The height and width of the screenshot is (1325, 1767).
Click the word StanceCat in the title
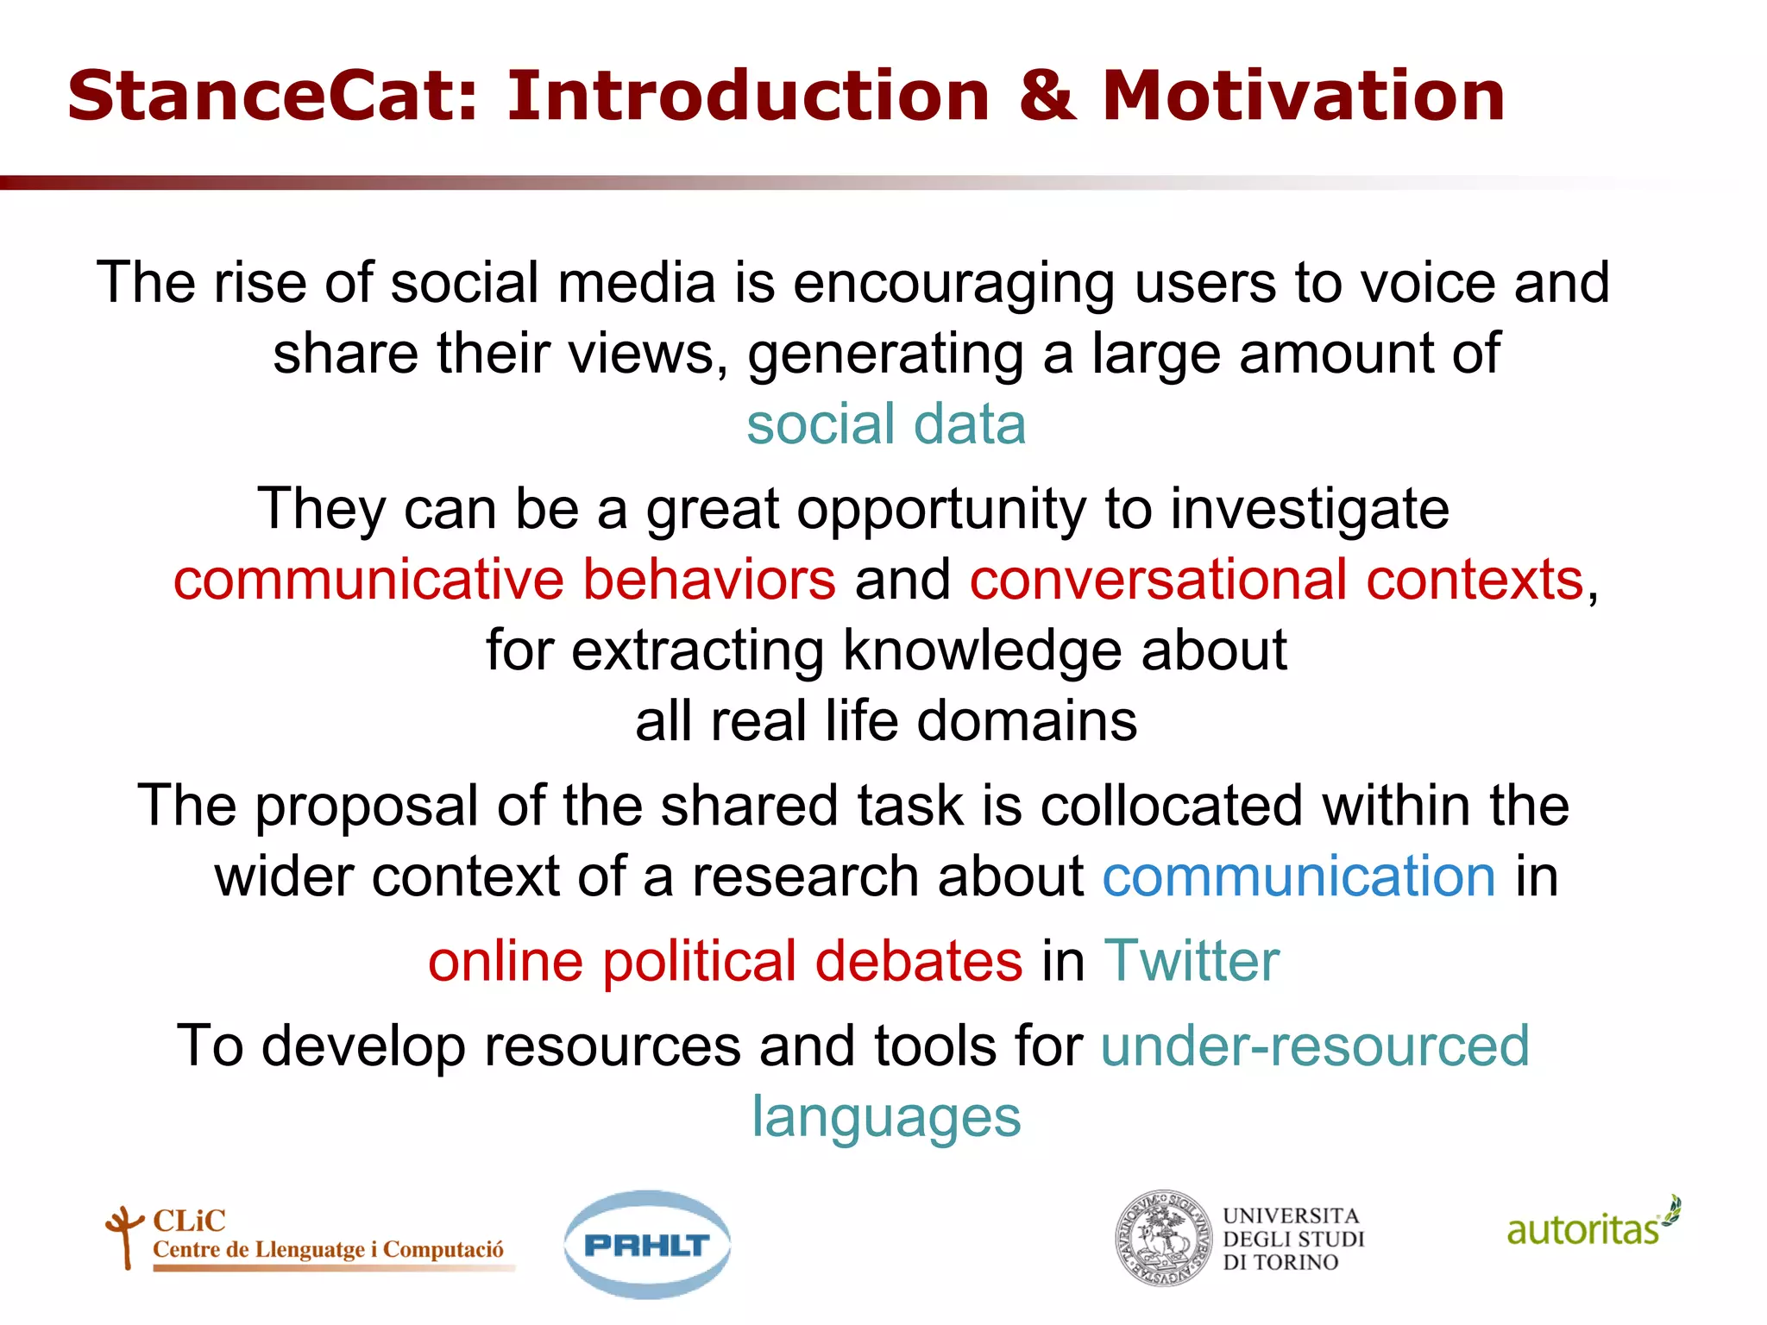pyautogui.click(x=272, y=96)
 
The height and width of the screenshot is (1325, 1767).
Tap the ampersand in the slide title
pyautogui.click(x=1047, y=96)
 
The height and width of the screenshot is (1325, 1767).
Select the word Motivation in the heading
pyautogui.click(x=1303, y=96)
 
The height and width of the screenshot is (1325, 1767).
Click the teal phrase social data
pyautogui.click(x=886, y=424)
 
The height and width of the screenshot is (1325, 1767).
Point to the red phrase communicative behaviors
pyautogui.click(x=505, y=579)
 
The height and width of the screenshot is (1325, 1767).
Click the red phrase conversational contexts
pyautogui.click(x=1277, y=579)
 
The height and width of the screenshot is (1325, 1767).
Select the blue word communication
pyautogui.click(x=1299, y=876)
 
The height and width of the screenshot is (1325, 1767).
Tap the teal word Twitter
pyautogui.click(x=1192, y=961)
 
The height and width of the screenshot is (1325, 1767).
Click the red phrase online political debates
pyautogui.click(x=725, y=961)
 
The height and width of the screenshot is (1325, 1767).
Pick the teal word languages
pyautogui.click(x=886, y=1117)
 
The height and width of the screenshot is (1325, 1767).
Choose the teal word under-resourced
pyautogui.click(x=1315, y=1046)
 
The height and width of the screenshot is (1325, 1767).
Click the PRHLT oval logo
pyautogui.click(x=647, y=1245)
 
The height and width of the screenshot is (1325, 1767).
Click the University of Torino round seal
pyautogui.click(x=1163, y=1239)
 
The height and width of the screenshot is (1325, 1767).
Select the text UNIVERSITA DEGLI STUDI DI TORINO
pyautogui.click(x=1292, y=1240)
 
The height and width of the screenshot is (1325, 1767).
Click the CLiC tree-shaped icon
pyautogui.click(x=124, y=1236)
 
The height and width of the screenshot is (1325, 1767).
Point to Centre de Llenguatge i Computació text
pyautogui.click(x=328, y=1250)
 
